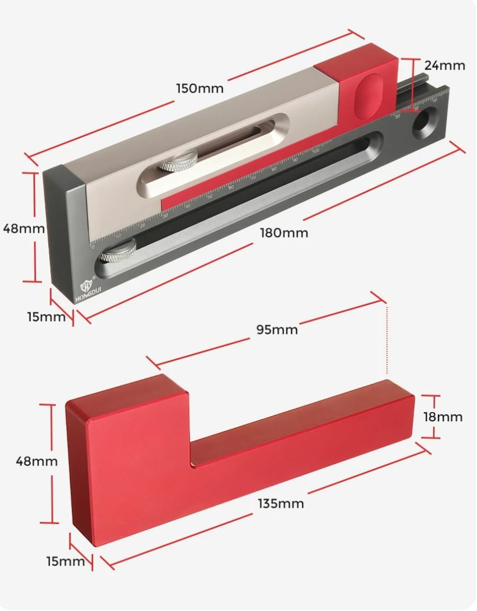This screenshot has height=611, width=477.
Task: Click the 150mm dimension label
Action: [200, 87]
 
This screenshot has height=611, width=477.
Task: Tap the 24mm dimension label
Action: [444, 66]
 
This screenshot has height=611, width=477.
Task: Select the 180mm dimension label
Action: [284, 233]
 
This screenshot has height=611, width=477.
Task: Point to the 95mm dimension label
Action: [277, 330]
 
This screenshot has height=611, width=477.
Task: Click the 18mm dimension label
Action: [443, 417]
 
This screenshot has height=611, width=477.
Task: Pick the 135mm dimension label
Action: [281, 503]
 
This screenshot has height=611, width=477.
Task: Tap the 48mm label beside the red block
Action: [37, 461]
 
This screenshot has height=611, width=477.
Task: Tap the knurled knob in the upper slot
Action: [179, 161]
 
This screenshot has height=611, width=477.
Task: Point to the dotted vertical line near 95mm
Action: [387, 339]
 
